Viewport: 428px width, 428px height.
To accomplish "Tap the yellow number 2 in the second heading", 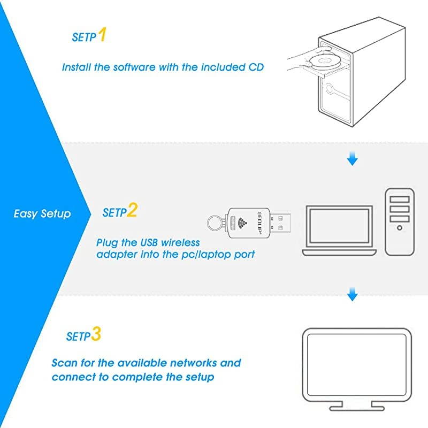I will tap(132, 210).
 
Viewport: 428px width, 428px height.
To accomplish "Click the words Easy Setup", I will tap(42, 213).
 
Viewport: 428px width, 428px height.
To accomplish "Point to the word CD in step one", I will tap(256, 67).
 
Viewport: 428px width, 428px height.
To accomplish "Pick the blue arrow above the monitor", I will tap(351, 294).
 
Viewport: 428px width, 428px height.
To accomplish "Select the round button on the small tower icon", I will tap(400, 227).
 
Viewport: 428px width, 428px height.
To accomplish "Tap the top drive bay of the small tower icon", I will tap(400, 200).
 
